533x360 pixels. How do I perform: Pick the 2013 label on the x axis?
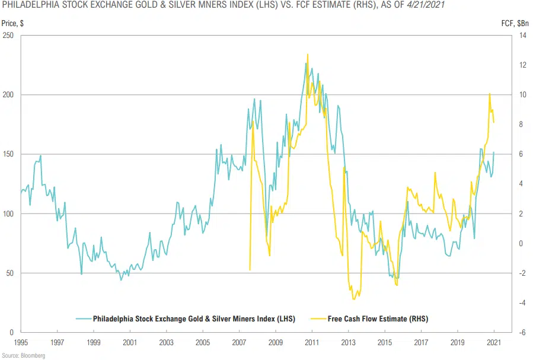point(349,343)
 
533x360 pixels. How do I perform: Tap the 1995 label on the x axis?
point(21,343)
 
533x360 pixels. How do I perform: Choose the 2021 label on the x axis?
point(494,343)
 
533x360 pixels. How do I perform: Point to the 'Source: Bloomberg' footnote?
point(24,356)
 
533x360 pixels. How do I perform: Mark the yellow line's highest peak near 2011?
point(307,55)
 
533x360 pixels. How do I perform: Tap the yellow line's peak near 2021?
point(489,94)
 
